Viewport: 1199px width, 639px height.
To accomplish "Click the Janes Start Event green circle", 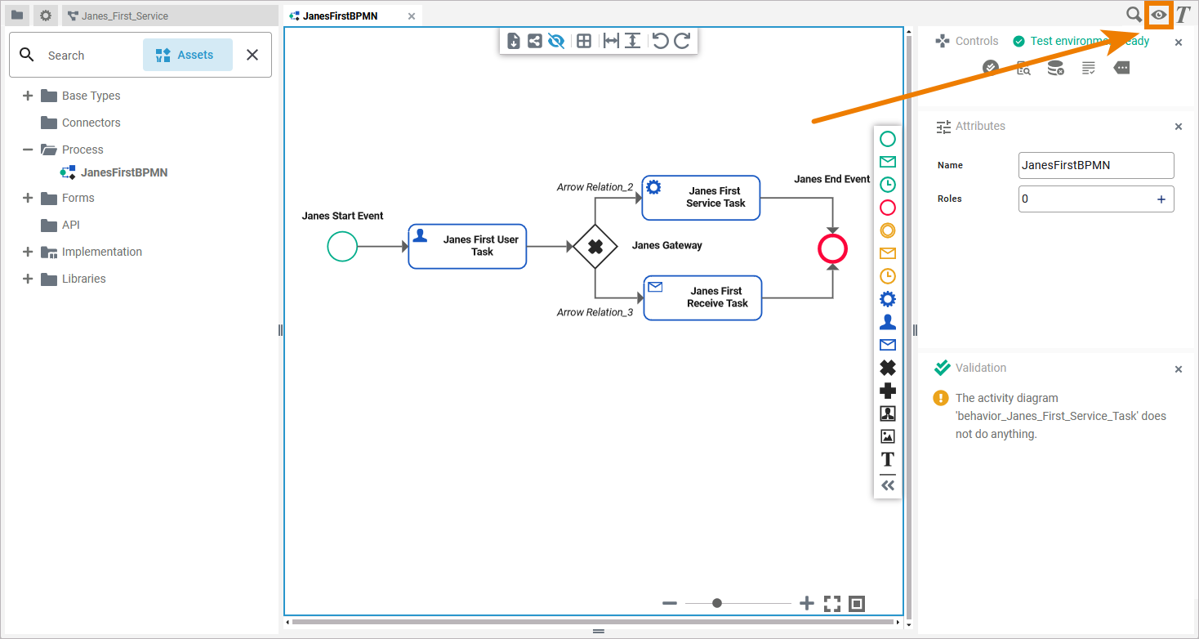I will (x=342, y=246).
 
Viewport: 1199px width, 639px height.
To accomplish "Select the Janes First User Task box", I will (x=467, y=246).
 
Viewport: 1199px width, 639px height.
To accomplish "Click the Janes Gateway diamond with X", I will (x=595, y=246).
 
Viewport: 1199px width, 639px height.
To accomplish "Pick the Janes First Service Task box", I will (x=701, y=198).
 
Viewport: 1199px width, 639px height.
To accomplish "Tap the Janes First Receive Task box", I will (x=702, y=297).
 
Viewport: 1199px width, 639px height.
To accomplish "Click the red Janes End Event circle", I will (x=832, y=249).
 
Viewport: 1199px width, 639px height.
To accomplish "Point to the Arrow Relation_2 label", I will (x=595, y=187).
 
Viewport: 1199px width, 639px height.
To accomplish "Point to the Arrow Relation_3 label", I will (x=595, y=312).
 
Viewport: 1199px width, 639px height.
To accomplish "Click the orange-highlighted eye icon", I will (x=1158, y=15).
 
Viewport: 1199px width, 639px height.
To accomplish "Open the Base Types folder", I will (x=91, y=96).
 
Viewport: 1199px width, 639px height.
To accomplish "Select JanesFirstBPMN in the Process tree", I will (x=123, y=172).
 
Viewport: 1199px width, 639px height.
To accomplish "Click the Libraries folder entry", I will (x=83, y=279).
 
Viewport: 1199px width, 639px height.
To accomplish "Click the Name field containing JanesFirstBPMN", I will (x=1095, y=165).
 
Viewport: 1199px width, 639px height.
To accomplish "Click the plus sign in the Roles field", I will (x=1161, y=199).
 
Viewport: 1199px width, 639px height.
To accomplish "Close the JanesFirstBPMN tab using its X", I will (x=412, y=16).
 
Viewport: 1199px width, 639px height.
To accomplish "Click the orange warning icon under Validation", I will (x=941, y=399).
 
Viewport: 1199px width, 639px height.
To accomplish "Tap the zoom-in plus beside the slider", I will (x=807, y=603).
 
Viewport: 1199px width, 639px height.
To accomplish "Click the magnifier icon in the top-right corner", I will (x=1134, y=15).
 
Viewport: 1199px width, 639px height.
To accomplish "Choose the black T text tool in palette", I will (x=888, y=459).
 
